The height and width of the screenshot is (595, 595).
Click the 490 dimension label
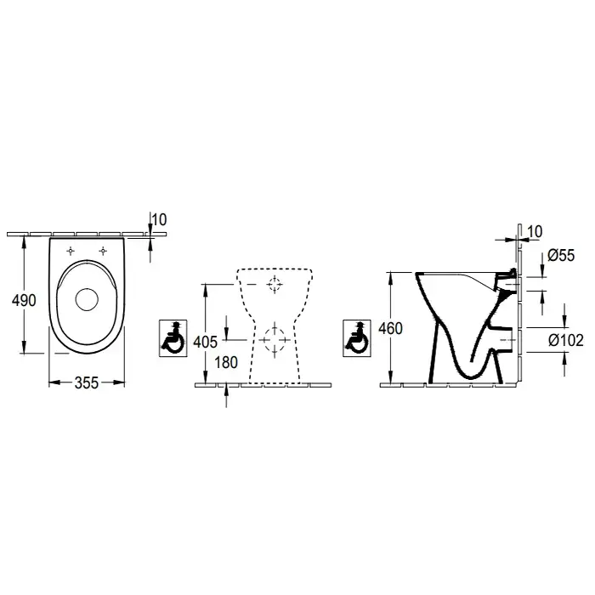[x=24, y=301]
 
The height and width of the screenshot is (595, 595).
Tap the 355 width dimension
[x=87, y=382]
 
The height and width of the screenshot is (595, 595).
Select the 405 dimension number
[x=206, y=343]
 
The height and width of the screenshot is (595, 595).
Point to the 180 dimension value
[x=226, y=362]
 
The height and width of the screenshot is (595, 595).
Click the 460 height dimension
[x=390, y=329]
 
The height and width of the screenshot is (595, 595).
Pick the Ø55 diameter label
[x=561, y=255]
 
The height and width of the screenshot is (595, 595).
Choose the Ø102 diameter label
[x=566, y=340]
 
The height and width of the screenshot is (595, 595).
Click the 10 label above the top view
[x=160, y=219]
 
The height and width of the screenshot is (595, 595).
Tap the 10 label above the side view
[x=535, y=231]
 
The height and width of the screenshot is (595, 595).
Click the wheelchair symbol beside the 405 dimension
[x=173, y=338]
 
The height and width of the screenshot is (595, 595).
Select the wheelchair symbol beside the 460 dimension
[x=357, y=338]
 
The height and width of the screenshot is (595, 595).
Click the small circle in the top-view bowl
[x=87, y=300]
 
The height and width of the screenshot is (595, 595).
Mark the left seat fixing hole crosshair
[x=71, y=251]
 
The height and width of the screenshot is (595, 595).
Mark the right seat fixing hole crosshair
[x=103, y=251]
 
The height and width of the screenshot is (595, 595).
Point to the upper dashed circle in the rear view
[x=275, y=284]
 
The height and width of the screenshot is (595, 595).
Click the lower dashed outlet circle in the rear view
[x=275, y=340]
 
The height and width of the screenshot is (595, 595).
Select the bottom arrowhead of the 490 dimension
[x=25, y=347]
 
